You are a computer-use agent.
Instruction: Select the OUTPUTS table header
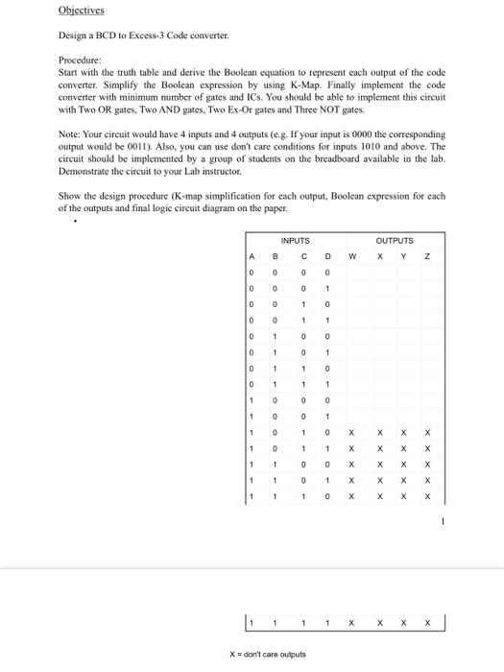coord(395,241)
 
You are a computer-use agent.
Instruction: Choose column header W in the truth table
coord(351,256)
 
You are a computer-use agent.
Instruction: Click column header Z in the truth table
coord(428,256)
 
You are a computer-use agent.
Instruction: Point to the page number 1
coord(444,521)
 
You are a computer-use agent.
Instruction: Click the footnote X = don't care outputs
coord(267,654)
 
